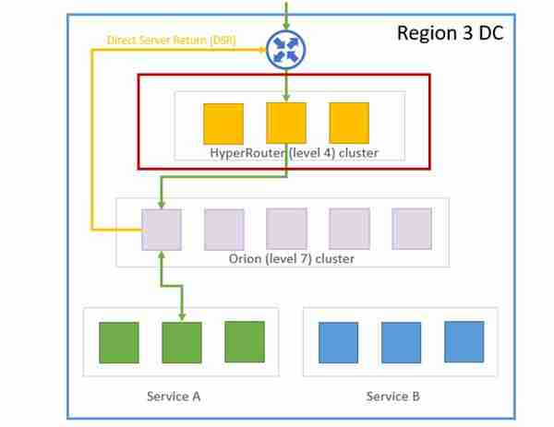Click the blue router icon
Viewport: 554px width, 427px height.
[x=285, y=50]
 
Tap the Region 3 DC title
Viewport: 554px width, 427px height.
[x=450, y=33]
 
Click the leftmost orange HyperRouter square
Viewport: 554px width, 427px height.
[x=223, y=124]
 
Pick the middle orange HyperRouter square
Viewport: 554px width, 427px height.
[x=286, y=124]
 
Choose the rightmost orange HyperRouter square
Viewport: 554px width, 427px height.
[x=349, y=123]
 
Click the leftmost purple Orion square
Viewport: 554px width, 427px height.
[x=162, y=230]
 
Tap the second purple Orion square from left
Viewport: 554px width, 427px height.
[x=224, y=230]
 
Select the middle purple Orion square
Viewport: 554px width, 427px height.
[x=287, y=230]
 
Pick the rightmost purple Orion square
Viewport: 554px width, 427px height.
[x=412, y=229]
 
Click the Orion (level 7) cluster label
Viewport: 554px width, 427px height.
[x=291, y=258]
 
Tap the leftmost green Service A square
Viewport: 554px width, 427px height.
[x=119, y=342]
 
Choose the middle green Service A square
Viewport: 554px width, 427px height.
[x=182, y=342]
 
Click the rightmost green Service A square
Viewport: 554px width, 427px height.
[x=244, y=341]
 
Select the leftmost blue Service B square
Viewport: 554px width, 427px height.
[x=338, y=342]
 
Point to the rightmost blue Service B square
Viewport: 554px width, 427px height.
[x=464, y=341]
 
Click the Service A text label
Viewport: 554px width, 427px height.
[x=174, y=396]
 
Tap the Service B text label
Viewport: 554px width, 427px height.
[x=393, y=396]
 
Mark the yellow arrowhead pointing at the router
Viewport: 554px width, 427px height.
[x=261, y=50]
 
